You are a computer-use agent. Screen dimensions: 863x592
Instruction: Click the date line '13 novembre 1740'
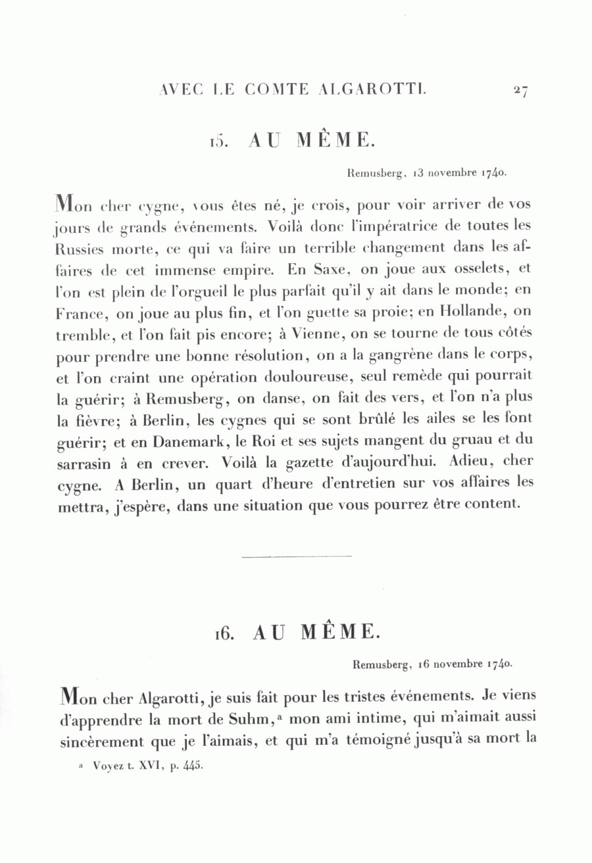[x=461, y=174]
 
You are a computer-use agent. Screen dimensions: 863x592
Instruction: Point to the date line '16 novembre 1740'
[x=465, y=664]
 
